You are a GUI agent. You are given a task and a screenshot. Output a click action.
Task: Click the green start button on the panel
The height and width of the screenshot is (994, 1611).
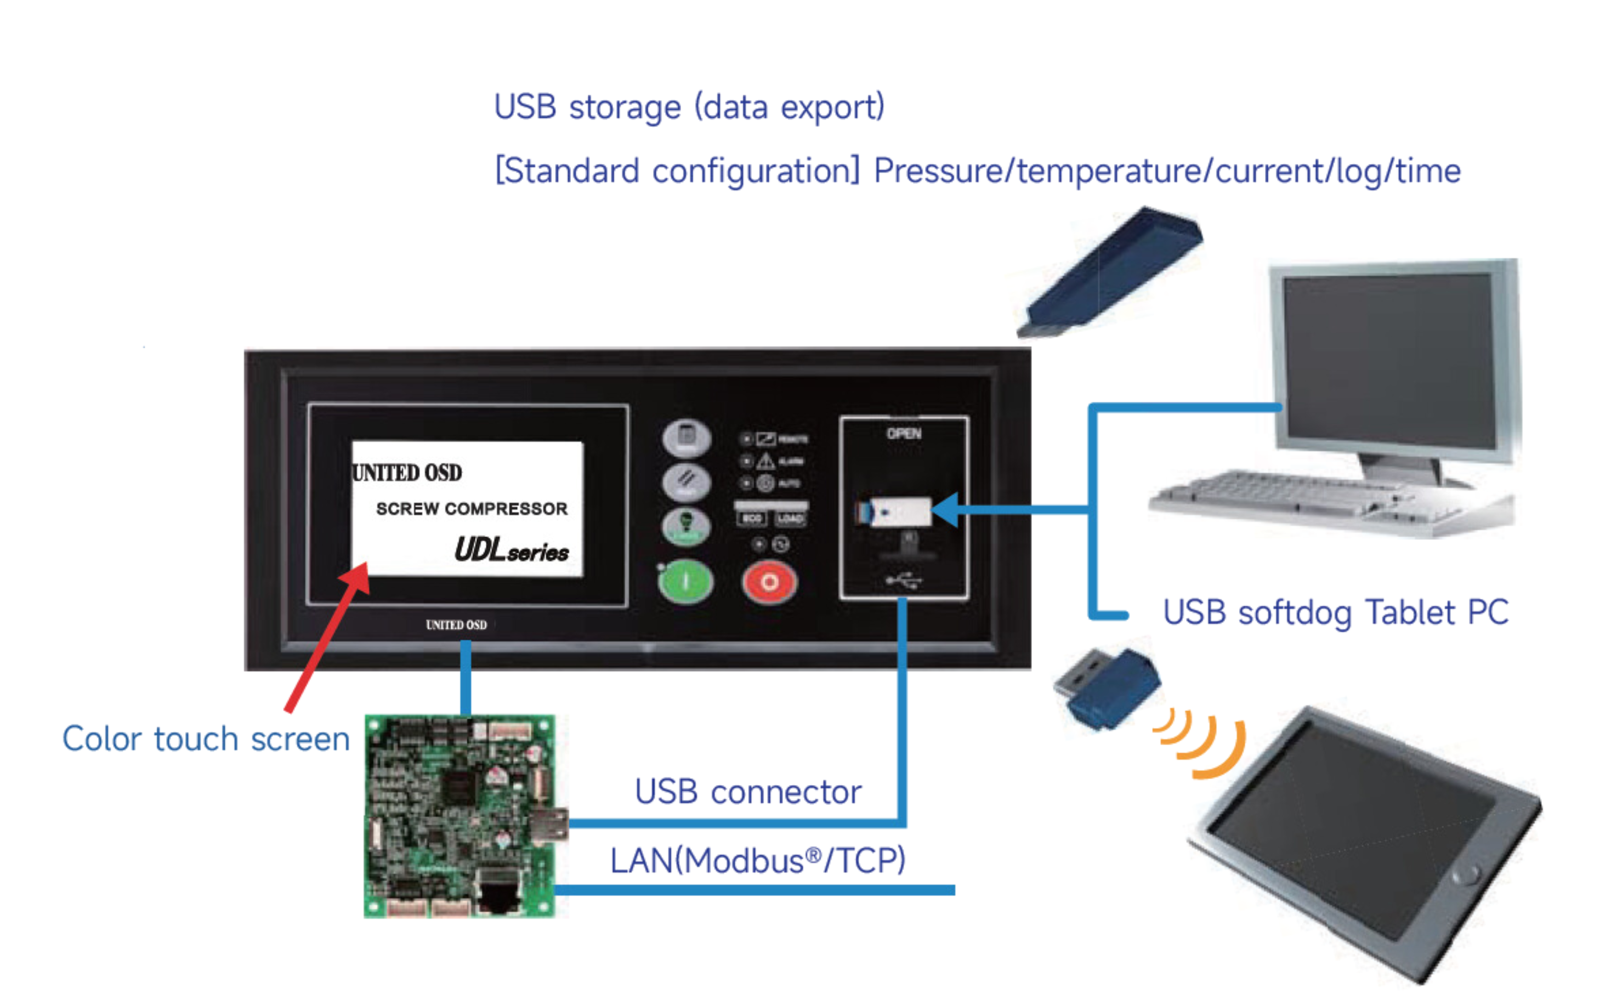(685, 581)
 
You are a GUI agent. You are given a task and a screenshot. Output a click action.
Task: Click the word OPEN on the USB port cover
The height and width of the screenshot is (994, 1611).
(904, 434)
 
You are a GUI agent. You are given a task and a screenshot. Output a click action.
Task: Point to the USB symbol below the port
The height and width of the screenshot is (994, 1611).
(904, 580)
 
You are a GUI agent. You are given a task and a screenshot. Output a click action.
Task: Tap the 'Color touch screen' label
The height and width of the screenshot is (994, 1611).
(206, 739)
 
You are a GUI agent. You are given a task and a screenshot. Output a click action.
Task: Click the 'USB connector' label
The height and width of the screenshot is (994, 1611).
(748, 792)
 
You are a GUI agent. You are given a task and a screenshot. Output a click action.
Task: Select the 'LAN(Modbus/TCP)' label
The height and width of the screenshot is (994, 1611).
(758, 861)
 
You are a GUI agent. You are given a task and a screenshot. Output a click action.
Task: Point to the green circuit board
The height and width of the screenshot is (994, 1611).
(460, 815)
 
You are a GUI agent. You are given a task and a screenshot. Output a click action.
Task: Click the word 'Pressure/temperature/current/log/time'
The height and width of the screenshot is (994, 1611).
(1167, 171)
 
